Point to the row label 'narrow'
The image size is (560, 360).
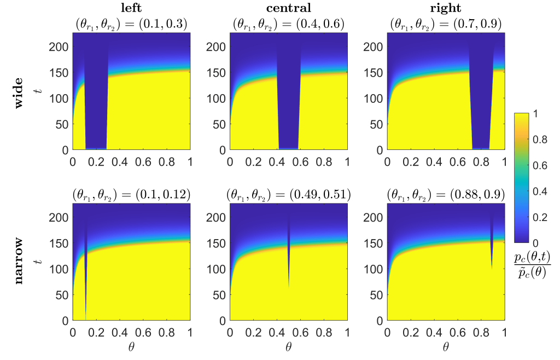click(x=19, y=262)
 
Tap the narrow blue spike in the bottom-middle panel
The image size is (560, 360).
click(x=289, y=252)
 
